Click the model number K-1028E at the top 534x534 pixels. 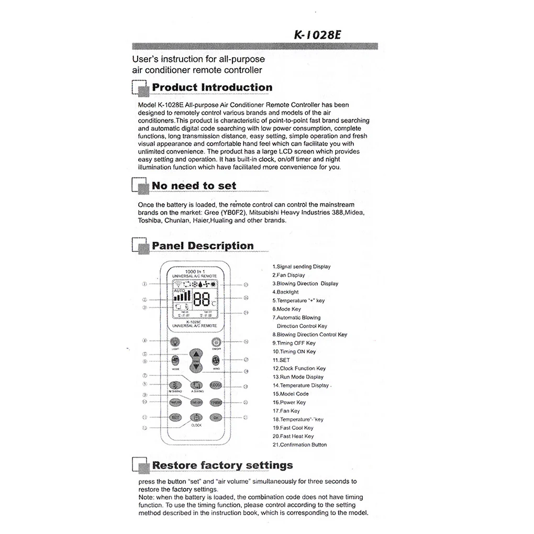click(318, 35)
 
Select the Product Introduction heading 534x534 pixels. click(212, 87)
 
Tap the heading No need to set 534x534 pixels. click(194, 186)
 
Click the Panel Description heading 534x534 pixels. click(203, 246)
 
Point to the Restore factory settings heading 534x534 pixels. click(222, 465)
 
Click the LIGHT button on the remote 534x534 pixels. click(175, 343)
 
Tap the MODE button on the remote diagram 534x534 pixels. click(175, 361)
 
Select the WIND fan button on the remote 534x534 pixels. click(216, 361)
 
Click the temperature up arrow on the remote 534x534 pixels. click(195, 353)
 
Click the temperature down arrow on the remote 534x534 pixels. click(195, 368)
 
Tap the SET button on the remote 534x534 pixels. click(175, 417)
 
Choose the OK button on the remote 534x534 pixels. click(216, 417)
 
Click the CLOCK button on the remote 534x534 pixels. click(196, 418)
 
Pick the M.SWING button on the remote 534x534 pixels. click(175, 385)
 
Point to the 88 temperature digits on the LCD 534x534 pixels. click(202, 299)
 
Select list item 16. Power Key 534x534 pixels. click(289, 403)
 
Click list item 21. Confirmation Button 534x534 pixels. click(299, 445)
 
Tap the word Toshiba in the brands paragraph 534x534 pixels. click(150, 221)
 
